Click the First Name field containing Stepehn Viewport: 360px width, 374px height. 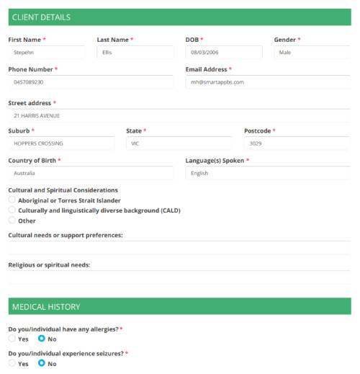point(46,53)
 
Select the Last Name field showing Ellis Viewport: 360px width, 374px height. point(135,53)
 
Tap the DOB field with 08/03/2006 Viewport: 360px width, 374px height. point(223,53)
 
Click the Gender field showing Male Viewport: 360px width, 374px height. point(312,53)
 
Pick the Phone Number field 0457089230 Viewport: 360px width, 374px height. point(90,82)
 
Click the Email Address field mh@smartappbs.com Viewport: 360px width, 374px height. point(267,82)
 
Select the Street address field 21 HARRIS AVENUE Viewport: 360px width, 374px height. point(179,115)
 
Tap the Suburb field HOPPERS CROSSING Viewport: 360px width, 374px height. point(60,143)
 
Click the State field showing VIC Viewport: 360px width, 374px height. point(179,143)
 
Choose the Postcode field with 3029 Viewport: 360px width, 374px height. point(297,143)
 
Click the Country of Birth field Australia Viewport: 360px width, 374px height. point(90,173)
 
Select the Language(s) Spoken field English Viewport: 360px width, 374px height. point(267,173)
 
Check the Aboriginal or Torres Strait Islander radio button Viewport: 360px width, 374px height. point(12,200)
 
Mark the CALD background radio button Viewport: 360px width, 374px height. point(12,210)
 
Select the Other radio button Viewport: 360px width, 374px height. point(12,221)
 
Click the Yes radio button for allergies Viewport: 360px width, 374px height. point(12,338)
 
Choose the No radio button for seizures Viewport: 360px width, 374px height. point(42,363)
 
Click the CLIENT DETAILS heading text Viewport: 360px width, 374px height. point(42,17)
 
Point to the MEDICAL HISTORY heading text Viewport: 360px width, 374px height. point(46,307)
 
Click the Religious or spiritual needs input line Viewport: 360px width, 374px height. point(179,277)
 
